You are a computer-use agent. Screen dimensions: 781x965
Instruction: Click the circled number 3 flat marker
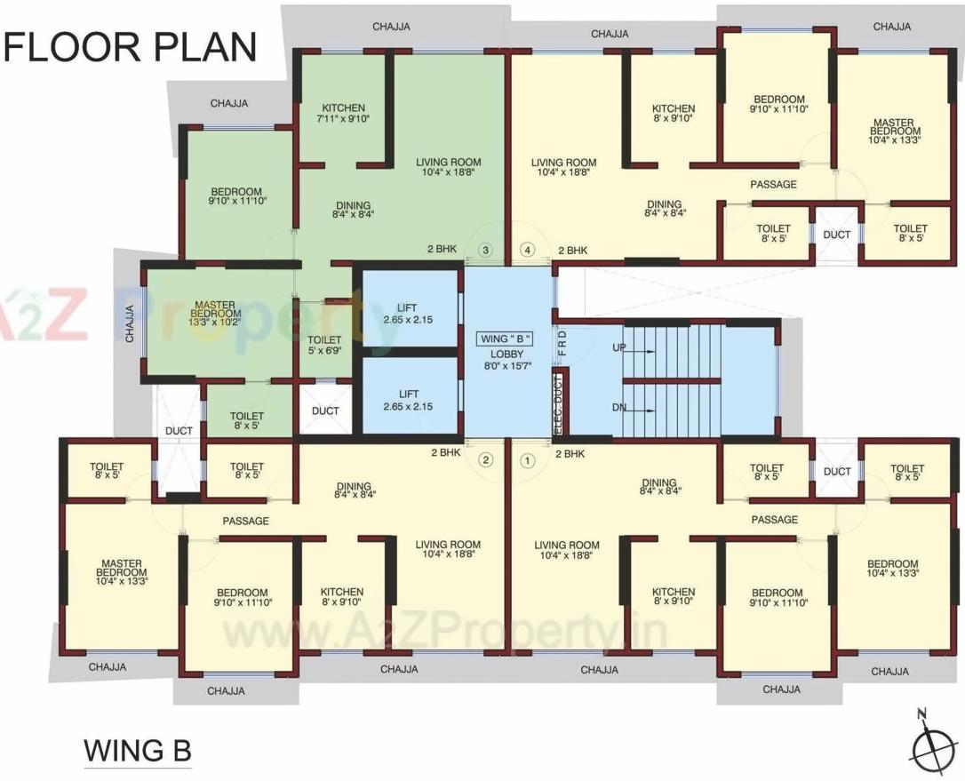485,250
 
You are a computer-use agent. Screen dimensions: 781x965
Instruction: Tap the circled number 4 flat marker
528,250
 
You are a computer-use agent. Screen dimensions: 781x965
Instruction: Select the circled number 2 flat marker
485,459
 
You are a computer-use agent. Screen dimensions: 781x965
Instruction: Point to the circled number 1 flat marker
526,460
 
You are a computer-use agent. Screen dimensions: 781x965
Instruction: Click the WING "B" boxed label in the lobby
505,339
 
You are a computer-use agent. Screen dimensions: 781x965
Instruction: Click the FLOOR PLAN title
130,46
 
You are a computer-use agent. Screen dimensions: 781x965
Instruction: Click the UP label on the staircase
619,348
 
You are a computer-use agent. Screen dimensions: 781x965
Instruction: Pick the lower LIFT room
409,399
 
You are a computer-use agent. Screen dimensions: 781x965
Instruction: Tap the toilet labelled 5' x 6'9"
324,344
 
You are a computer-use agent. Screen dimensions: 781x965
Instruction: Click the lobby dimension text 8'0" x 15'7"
505,363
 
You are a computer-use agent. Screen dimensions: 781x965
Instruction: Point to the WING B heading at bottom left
138,751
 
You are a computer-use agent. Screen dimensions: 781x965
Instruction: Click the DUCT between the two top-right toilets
836,235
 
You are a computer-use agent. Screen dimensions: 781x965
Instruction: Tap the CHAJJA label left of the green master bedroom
130,322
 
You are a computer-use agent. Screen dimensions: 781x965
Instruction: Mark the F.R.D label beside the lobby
562,341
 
